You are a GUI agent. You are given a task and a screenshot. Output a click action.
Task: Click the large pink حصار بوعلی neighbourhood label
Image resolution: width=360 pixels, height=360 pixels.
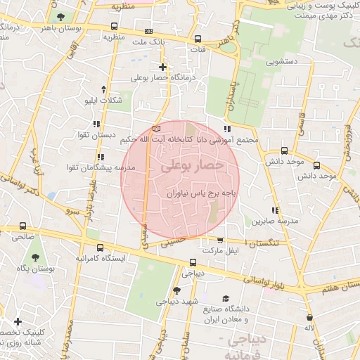pyautogui.click(x=192, y=167)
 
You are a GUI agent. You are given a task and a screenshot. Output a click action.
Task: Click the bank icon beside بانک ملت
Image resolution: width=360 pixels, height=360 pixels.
pyautogui.click(x=148, y=32)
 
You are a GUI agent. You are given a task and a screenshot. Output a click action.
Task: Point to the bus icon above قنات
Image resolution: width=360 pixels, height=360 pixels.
pyautogui.click(x=198, y=39)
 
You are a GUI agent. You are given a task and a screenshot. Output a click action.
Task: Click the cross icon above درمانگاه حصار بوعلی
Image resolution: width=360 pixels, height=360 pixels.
pyautogui.click(x=163, y=67)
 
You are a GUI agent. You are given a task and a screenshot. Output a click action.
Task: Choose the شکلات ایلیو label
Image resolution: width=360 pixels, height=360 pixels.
pyautogui.click(x=103, y=100)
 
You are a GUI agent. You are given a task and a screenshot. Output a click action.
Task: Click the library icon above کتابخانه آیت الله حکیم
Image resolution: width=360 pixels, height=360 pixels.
pyautogui.click(x=156, y=129)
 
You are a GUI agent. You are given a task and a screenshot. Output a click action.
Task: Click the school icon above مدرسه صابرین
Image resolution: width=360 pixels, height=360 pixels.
pyautogui.click(x=275, y=210)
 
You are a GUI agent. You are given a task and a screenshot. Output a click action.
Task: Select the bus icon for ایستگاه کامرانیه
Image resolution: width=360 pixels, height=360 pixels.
pyautogui.click(x=101, y=248)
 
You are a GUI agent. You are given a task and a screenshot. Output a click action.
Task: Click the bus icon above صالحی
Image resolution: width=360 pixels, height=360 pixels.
pyautogui.click(x=24, y=226)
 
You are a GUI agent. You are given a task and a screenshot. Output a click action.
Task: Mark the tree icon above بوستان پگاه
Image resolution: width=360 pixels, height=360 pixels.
pyautogui.click(x=35, y=258)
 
